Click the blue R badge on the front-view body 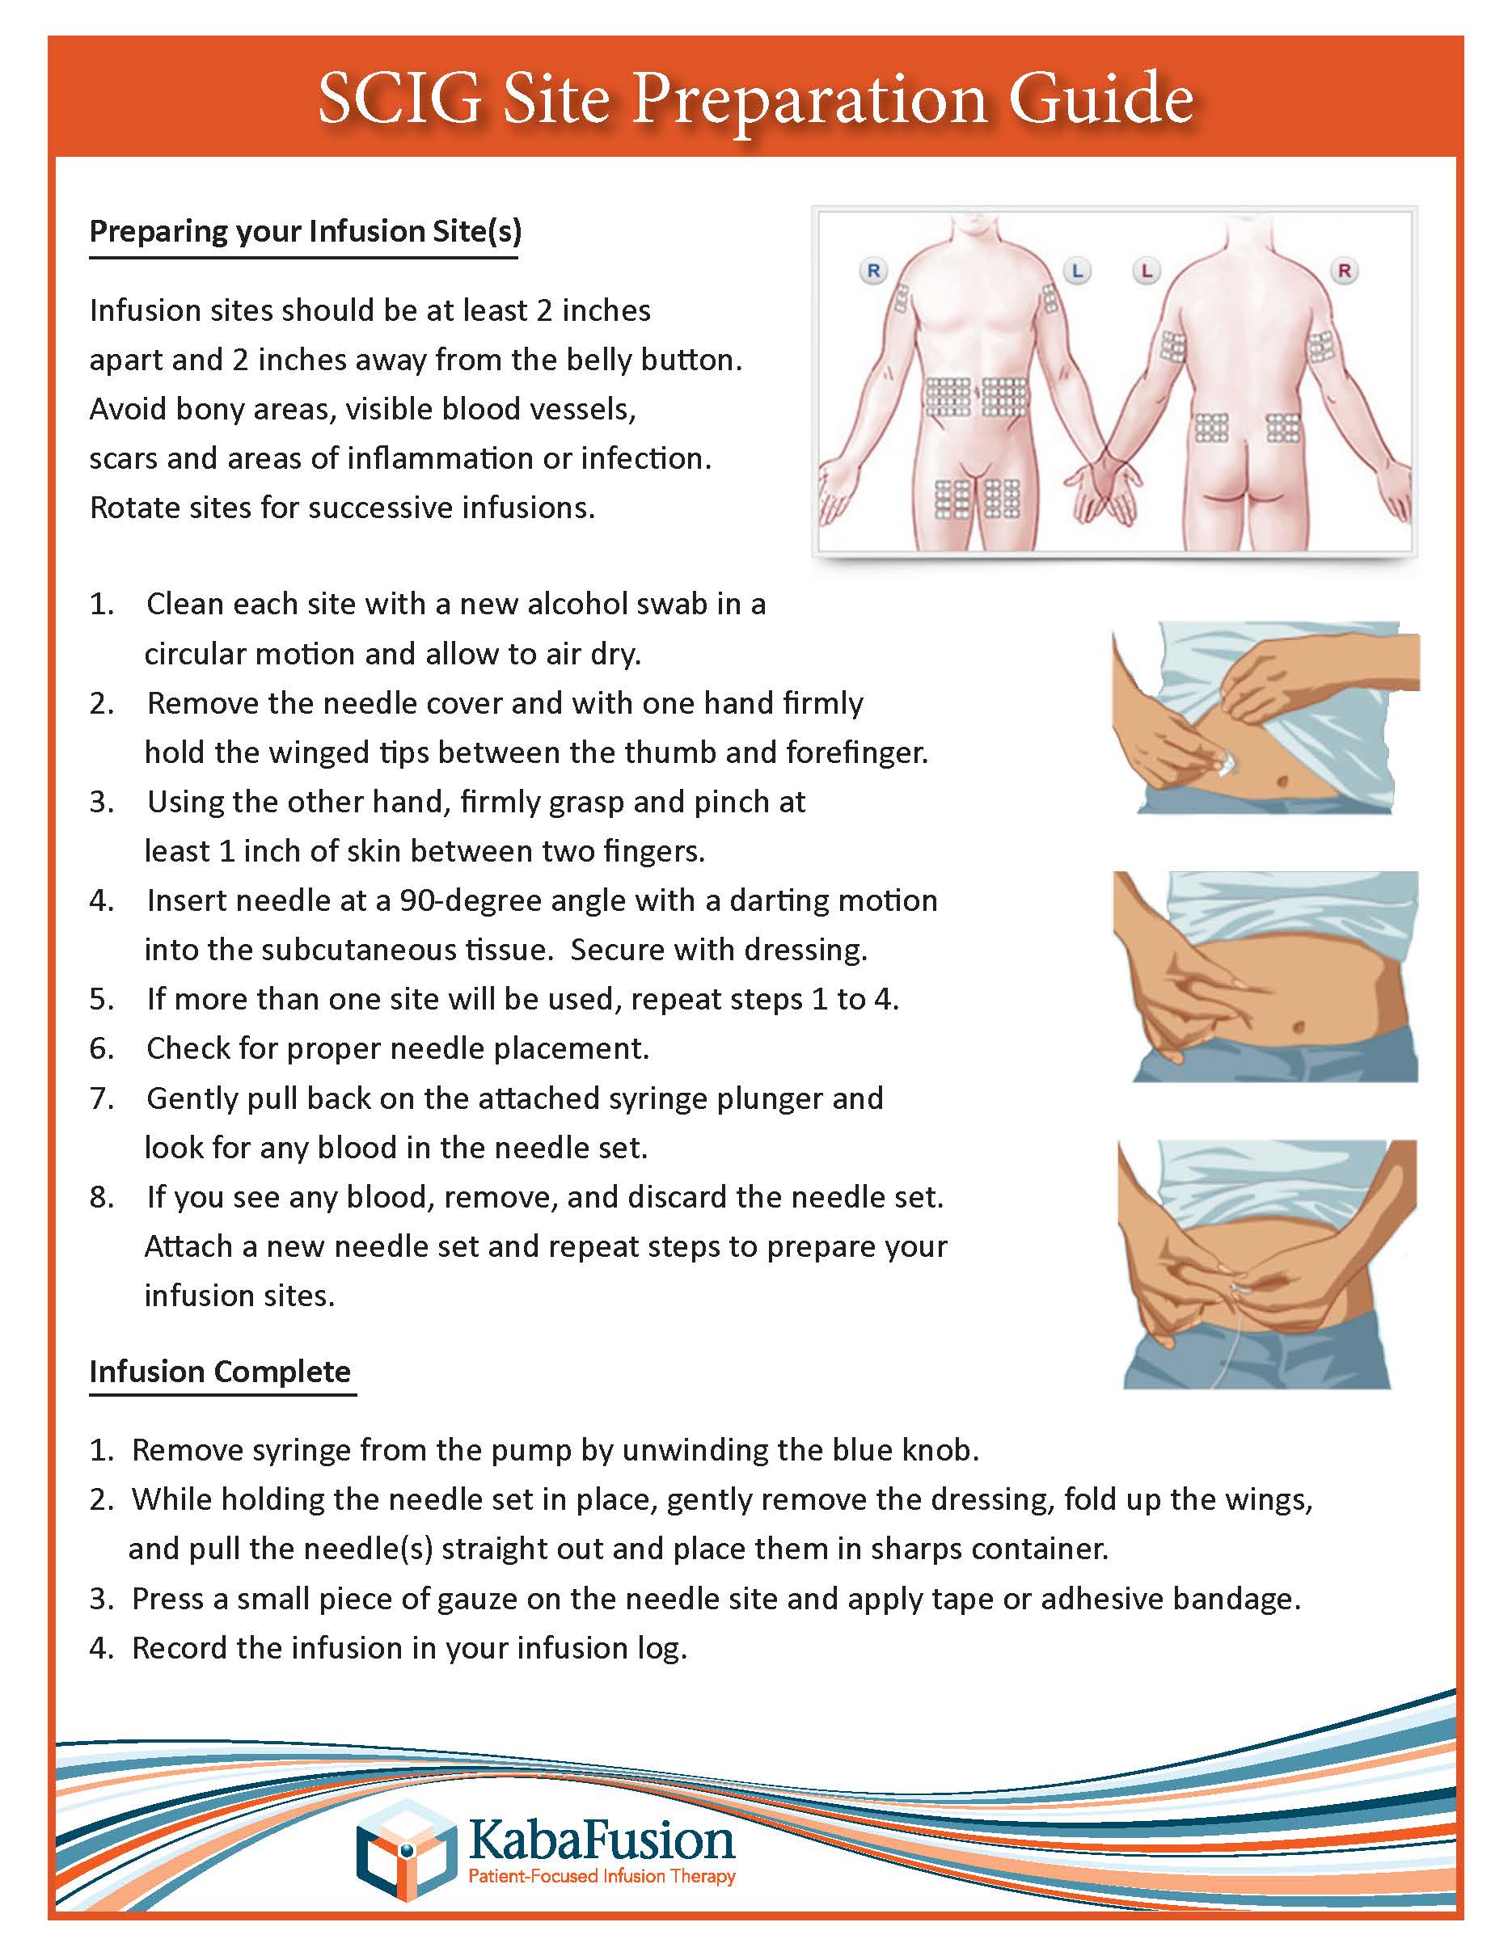coord(873,270)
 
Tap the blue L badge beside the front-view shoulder coord(1077,270)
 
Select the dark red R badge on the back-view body coord(1344,270)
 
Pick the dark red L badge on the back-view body coord(1147,270)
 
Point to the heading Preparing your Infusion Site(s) coord(305,231)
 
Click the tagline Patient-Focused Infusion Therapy coord(602,1875)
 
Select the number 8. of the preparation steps coord(101,1197)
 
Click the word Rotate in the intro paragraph coord(135,508)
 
